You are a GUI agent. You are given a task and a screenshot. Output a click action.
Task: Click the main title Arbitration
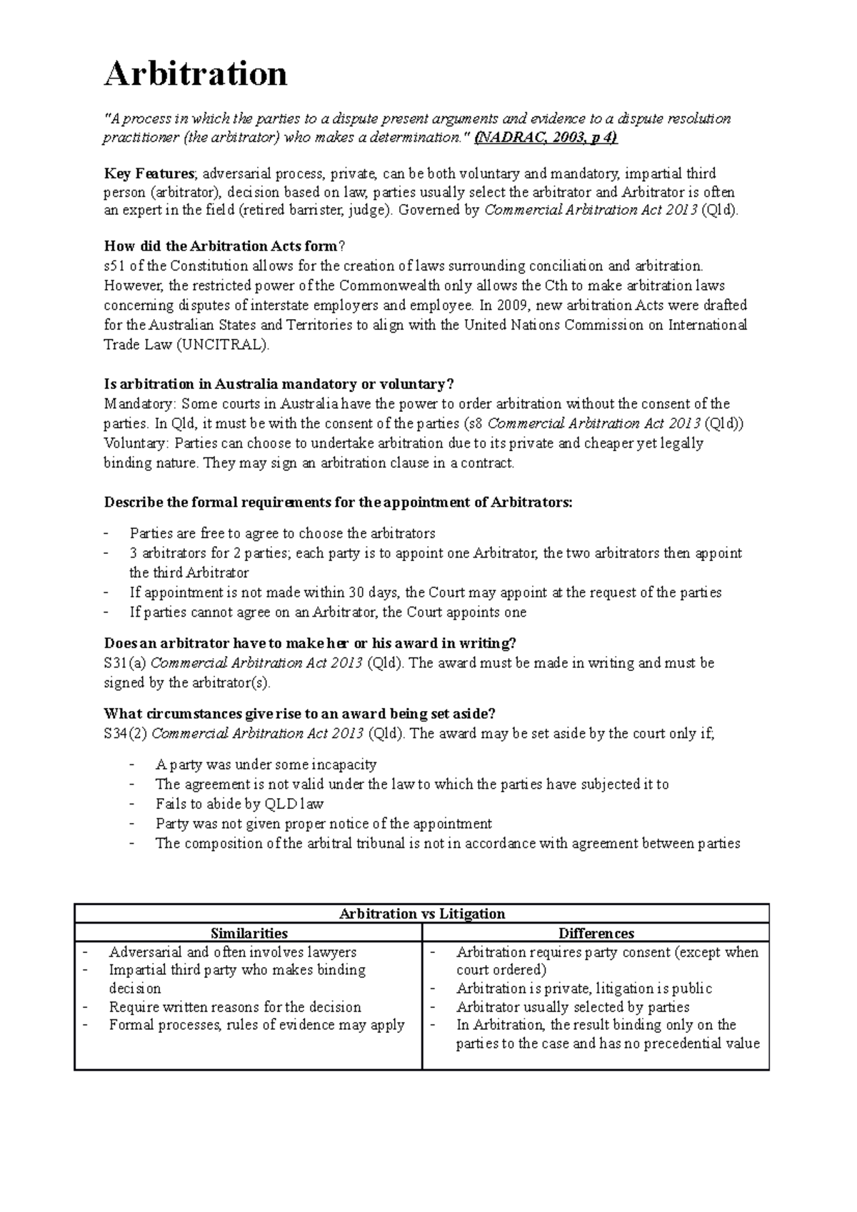196,74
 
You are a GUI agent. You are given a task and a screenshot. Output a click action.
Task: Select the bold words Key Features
149,173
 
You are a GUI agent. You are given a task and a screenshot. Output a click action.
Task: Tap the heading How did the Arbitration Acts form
221,246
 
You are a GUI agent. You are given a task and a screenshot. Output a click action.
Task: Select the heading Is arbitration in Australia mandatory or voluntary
279,384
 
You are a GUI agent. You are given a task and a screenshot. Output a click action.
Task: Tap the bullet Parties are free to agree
282,533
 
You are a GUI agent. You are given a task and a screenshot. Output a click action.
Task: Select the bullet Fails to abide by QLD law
240,804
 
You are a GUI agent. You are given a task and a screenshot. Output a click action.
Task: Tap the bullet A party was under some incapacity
266,764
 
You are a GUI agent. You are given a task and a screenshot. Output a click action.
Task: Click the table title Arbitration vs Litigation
421,914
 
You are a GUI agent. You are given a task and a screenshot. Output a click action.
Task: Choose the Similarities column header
249,933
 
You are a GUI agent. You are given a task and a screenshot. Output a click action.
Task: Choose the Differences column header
596,933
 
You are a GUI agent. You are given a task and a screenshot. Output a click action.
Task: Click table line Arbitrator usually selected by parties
573,1007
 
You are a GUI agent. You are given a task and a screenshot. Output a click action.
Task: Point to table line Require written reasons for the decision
235,1007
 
